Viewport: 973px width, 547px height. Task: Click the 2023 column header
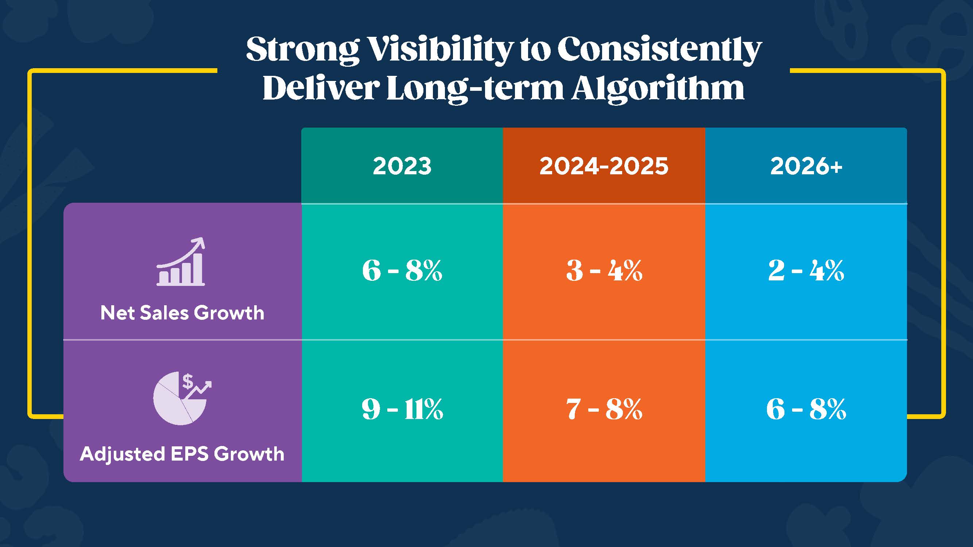coord(402,166)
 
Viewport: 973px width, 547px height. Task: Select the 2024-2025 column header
coord(604,166)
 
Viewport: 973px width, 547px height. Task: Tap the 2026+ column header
coord(806,166)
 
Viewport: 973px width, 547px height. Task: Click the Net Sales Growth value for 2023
coord(402,271)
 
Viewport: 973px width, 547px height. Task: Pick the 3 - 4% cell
coord(604,271)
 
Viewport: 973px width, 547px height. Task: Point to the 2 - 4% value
coord(806,271)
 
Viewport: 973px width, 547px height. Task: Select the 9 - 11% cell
coord(402,409)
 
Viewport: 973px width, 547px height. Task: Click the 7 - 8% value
coord(604,409)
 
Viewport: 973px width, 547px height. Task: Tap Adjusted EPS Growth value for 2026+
coord(806,409)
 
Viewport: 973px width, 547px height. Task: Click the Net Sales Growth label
coord(182,313)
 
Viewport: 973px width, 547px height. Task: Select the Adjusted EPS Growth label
coord(182,454)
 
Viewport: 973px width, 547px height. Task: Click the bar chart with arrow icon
coord(181,262)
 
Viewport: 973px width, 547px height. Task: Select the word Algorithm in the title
coord(657,89)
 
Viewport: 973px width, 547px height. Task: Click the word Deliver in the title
coord(321,89)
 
